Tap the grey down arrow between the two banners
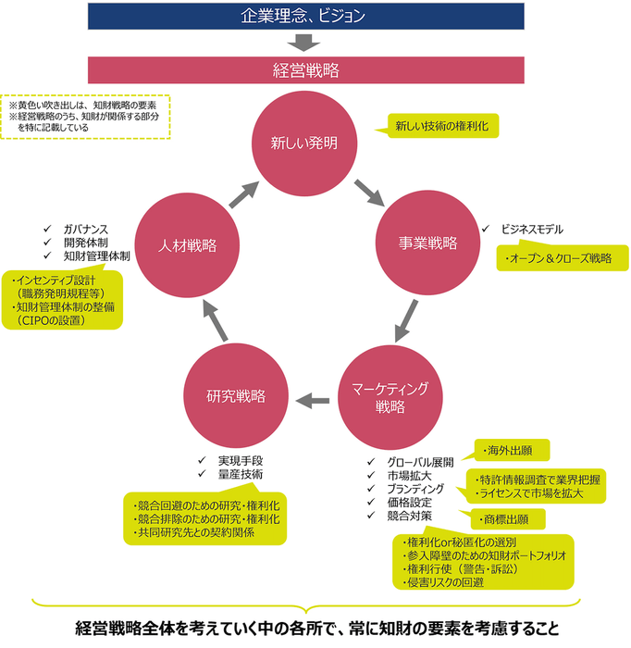(x=304, y=42)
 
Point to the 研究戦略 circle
(x=235, y=396)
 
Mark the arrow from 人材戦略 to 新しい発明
(x=243, y=194)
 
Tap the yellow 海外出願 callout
(x=512, y=451)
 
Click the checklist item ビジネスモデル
(x=531, y=229)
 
